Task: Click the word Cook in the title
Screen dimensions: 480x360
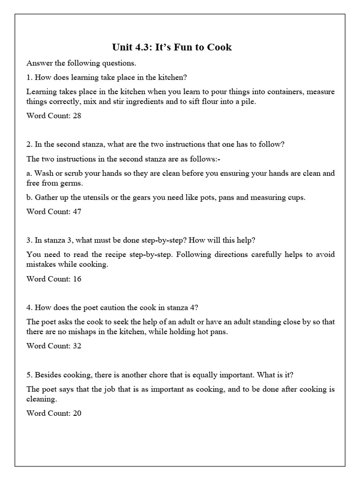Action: point(219,47)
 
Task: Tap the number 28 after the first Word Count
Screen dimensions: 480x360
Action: point(77,116)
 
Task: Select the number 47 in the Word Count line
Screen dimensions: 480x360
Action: point(77,211)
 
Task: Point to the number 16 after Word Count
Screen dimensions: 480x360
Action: point(77,279)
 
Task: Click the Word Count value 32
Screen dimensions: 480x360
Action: point(77,346)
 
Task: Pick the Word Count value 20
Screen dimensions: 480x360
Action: point(77,413)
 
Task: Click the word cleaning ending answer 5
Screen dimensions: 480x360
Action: point(41,399)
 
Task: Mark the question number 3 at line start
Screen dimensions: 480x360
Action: point(29,240)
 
